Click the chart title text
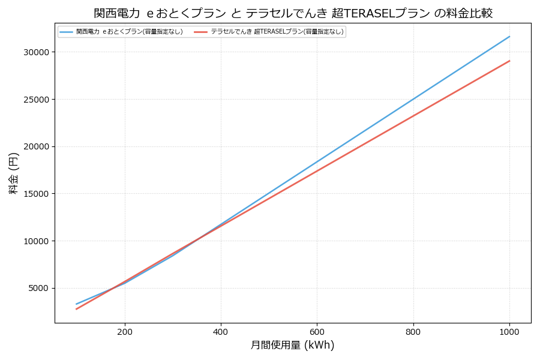click(x=293, y=13)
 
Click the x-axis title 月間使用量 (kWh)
click(x=292, y=345)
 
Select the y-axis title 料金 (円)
click(x=13, y=173)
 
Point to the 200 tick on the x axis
click(x=125, y=331)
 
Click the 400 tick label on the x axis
click(x=221, y=331)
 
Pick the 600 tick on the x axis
click(x=317, y=331)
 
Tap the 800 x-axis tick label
click(x=413, y=331)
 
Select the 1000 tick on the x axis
click(x=509, y=331)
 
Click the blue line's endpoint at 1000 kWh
click(x=509, y=36)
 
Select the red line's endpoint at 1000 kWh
click(x=509, y=61)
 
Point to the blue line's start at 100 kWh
click(x=77, y=304)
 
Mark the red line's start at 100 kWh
click(x=77, y=309)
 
